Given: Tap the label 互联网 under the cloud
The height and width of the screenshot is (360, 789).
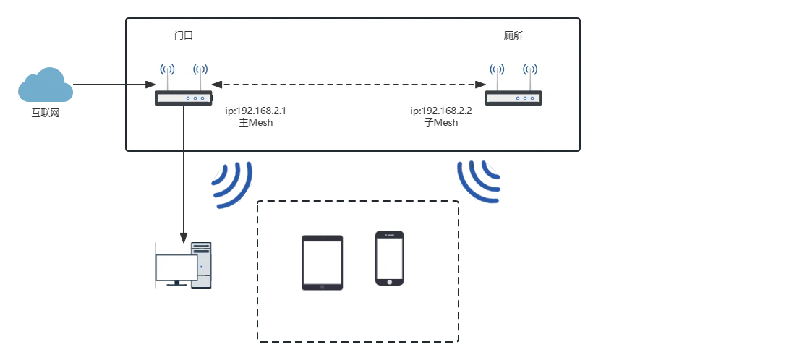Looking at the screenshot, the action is tap(46, 113).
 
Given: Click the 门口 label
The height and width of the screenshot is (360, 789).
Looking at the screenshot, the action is tap(183, 35).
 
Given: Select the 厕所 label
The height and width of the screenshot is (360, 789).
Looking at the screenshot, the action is tap(513, 35).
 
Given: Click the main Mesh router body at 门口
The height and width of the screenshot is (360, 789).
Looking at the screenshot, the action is tap(183, 98).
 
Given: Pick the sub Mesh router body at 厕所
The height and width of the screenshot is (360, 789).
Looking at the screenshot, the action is tap(513, 98).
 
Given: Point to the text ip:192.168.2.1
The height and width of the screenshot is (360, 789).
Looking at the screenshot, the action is tap(255, 111).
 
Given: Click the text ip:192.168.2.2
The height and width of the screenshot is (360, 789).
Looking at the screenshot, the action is tap(441, 111).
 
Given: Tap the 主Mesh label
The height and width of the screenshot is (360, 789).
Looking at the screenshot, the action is tap(255, 123).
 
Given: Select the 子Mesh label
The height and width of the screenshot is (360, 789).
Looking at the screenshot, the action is tap(441, 123).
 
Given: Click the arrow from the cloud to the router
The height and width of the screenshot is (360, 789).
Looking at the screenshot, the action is tap(114, 85).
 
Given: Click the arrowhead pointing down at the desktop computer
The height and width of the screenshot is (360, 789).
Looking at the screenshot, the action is tap(184, 237).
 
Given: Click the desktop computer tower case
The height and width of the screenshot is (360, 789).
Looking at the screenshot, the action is tap(201, 265).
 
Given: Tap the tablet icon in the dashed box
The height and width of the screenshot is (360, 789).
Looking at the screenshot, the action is tap(323, 262).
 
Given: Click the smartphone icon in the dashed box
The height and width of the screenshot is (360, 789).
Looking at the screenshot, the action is tap(390, 258).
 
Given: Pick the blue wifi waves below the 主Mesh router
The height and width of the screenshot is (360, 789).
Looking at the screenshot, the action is tap(232, 184).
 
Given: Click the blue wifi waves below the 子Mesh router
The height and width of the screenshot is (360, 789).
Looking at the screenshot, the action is tap(479, 181).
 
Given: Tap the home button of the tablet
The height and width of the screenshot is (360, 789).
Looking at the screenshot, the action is tap(323, 286).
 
